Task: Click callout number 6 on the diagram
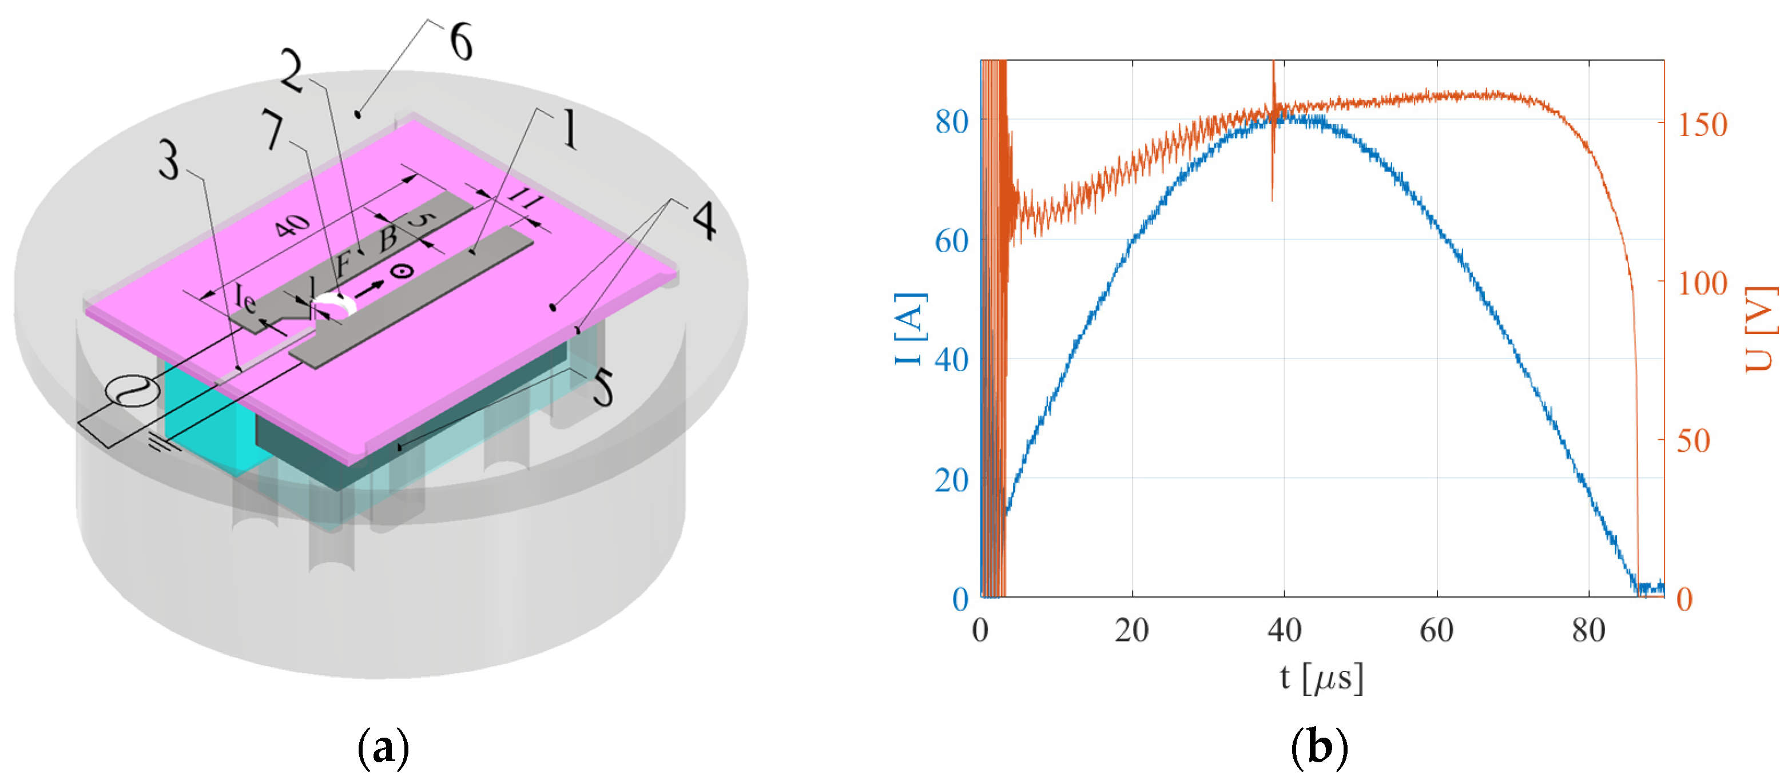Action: pos(461,42)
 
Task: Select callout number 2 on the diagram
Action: pos(292,71)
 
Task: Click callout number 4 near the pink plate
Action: pos(704,221)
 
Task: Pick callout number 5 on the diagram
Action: pos(602,388)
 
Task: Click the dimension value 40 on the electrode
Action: pos(292,225)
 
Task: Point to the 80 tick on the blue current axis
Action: pos(952,122)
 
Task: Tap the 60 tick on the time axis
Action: pos(1437,630)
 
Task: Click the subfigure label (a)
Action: pos(383,748)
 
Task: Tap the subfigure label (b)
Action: pos(1319,748)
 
